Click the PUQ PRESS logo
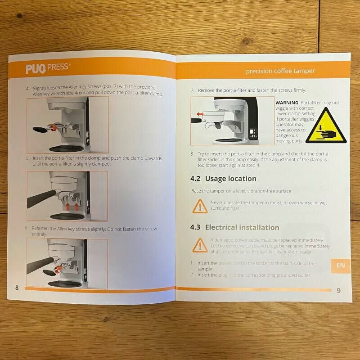pyautogui.click(x=48, y=68)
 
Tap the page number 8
pyautogui.click(x=17, y=288)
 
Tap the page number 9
pyautogui.click(x=339, y=290)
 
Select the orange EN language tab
pyautogui.click(x=341, y=265)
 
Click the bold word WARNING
pyautogui.click(x=286, y=103)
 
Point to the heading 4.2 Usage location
pyautogui.click(x=223, y=179)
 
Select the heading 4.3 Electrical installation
pyautogui.click(x=234, y=227)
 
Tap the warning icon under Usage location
pyautogui.click(x=198, y=205)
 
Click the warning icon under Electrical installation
pyautogui.click(x=198, y=245)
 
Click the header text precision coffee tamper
pyautogui.click(x=280, y=71)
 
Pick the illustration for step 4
pyautogui.click(x=67, y=124)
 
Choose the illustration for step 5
pyautogui.click(x=67, y=196)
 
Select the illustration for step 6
pyautogui.click(x=67, y=263)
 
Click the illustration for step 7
pyautogui.click(x=232, y=121)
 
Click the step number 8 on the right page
pyautogui.click(x=192, y=154)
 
